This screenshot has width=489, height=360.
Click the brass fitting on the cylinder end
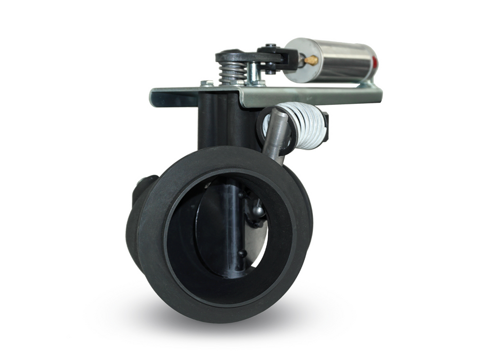coord(311,60)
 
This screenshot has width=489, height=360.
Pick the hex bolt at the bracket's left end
coord(207,83)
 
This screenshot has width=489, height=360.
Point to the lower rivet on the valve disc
coord(239,253)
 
